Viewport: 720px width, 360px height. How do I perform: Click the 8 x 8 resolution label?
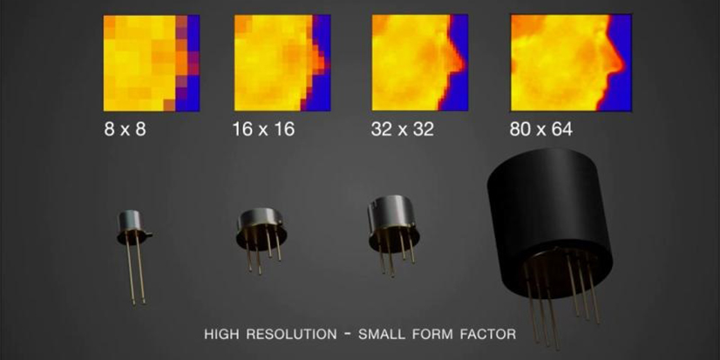[x=125, y=130]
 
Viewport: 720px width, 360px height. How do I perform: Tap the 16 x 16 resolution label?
[x=263, y=130]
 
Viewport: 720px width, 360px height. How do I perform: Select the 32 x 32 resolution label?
[x=402, y=130]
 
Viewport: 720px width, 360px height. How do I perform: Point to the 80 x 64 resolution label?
[x=541, y=130]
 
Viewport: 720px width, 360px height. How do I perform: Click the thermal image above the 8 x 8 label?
[x=151, y=63]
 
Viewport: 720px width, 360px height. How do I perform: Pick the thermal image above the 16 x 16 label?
[x=282, y=63]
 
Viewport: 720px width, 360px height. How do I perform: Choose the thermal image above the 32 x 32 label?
[x=419, y=63]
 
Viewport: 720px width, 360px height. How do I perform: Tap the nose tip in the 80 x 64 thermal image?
[x=623, y=65]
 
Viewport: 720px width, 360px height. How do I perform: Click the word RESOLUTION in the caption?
[x=291, y=334]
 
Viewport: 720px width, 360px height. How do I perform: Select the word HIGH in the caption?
[x=222, y=334]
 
